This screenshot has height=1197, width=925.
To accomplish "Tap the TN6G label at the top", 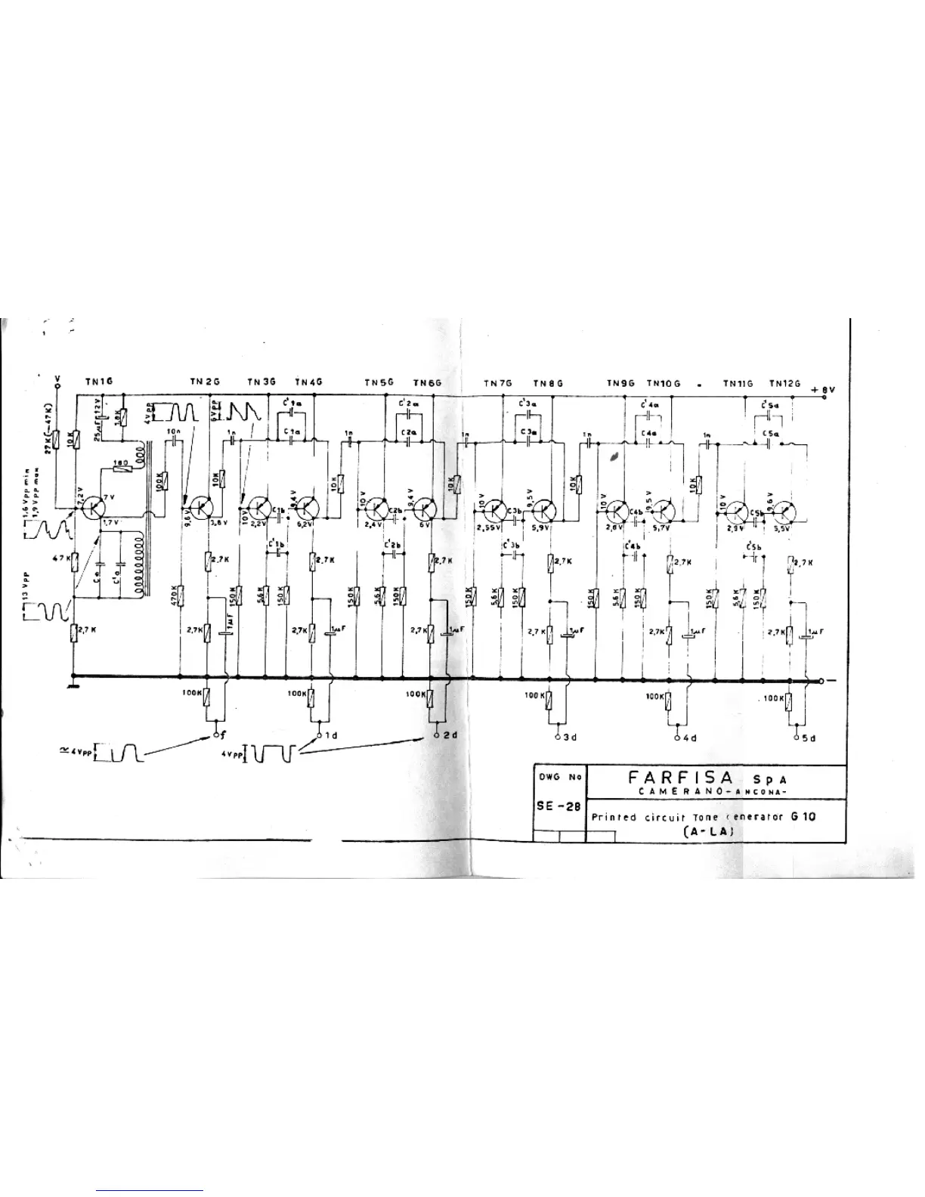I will click(x=427, y=383).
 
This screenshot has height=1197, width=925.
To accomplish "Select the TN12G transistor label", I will click(x=785, y=384).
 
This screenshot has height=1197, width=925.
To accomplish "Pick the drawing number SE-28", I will click(x=558, y=806).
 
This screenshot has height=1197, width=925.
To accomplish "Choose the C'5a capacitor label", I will click(x=771, y=404).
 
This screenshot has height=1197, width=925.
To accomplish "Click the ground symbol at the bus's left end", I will click(x=73, y=685).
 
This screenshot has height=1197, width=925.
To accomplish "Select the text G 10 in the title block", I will click(x=803, y=816).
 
